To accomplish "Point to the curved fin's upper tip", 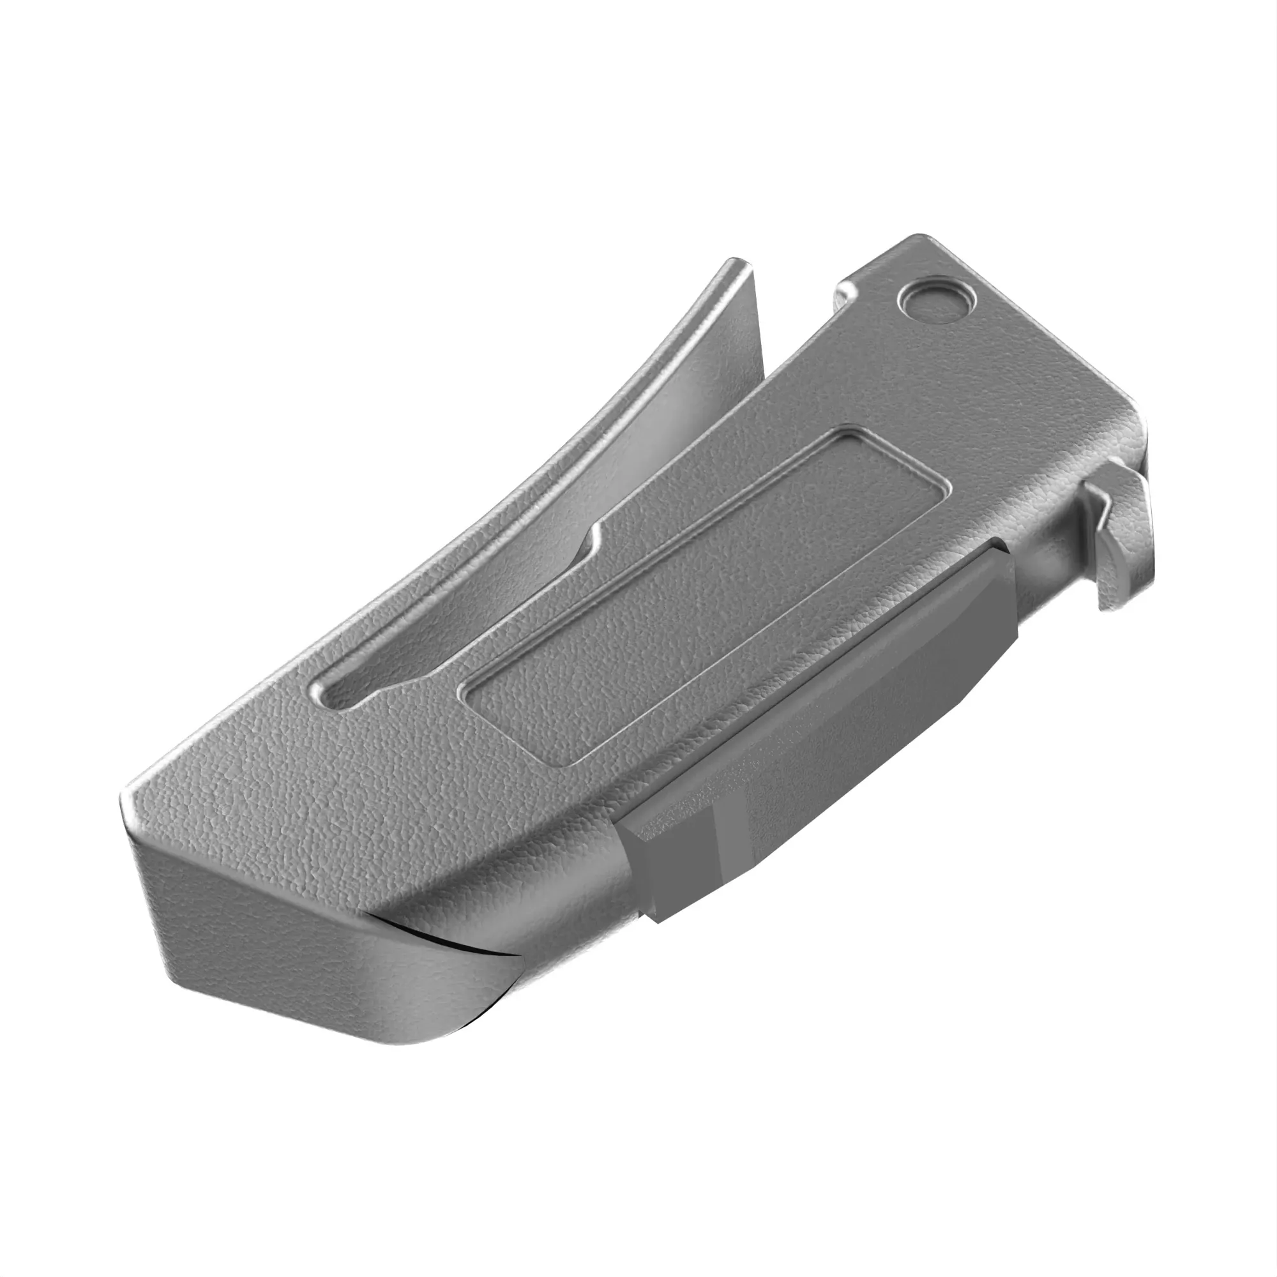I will tap(737, 265).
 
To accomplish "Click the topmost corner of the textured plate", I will tap(919, 236).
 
